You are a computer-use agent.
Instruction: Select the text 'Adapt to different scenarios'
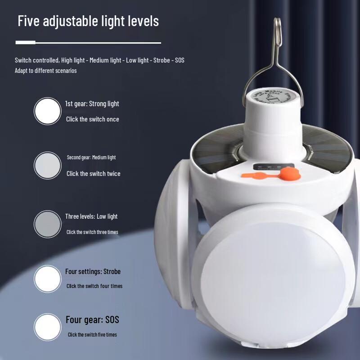tap(45, 71)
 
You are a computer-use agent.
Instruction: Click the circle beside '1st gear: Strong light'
tap(47, 111)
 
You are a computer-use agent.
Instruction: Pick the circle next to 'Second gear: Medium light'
tap(47, 165)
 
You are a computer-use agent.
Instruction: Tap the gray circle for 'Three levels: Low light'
tap(47, 224)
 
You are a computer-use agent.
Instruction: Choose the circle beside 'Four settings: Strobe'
tap(47, 279)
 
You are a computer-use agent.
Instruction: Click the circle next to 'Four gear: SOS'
tap(47, 327)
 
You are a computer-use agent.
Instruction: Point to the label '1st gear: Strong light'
tap(92, 103)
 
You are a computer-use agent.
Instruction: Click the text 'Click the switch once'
tap(92, 119)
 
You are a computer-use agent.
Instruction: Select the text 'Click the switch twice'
tap(93, 173)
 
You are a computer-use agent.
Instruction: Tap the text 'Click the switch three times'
tap(92, 232)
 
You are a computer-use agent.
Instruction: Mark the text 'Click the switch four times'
tap(94, 286)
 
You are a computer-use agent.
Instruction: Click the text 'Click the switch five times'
tap(92, 335)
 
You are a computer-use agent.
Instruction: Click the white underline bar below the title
tap(88, 43)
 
